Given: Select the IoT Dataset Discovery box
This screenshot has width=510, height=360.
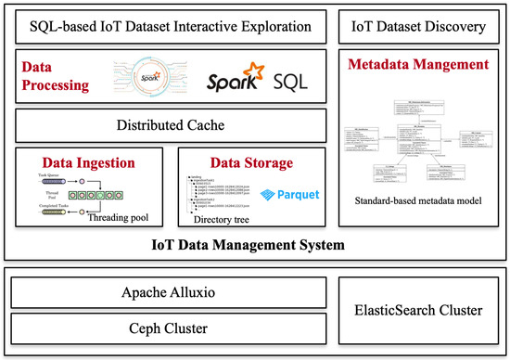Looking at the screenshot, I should [414, 25].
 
